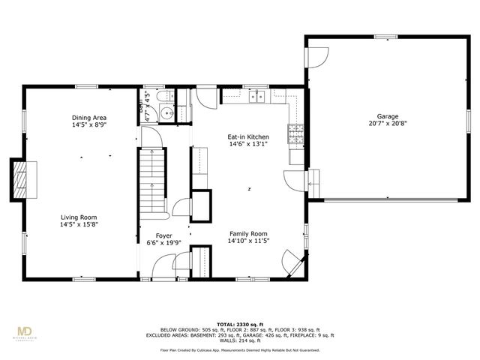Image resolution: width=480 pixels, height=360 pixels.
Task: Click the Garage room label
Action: pos(387,116)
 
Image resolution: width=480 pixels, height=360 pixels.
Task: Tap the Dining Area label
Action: pos(88,118)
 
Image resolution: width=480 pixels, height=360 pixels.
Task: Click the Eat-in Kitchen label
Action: pos(248,137)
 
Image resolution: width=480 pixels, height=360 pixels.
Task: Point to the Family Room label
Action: pos(248,233)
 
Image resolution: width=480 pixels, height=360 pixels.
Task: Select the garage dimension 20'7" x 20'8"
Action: pos(387,124)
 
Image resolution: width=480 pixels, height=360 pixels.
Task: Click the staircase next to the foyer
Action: pos(152,180)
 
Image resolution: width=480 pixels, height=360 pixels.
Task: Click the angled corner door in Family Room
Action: pos(290,262)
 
